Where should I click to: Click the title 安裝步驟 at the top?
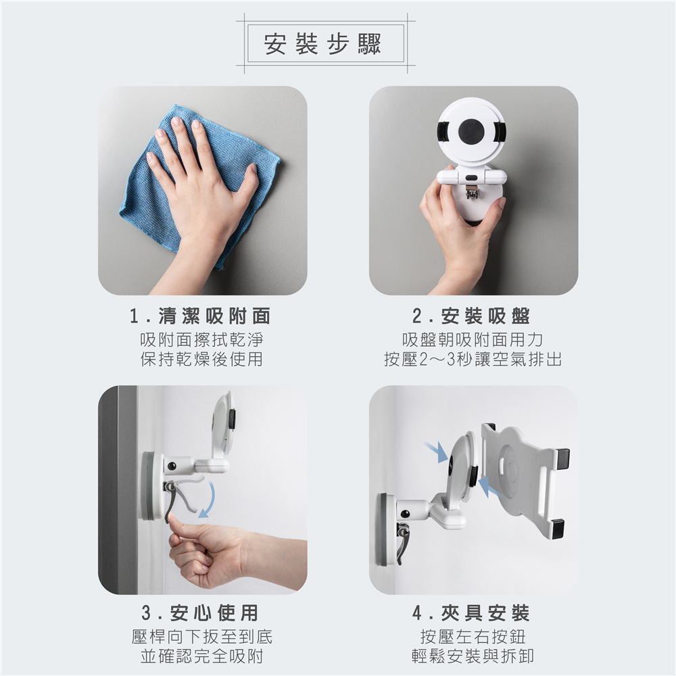323,44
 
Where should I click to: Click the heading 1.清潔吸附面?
201,316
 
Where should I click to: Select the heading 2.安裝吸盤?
471,316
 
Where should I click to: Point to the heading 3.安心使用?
201,612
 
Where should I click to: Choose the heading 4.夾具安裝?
471,612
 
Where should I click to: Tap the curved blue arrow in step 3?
208,498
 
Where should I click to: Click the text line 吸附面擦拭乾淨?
201,340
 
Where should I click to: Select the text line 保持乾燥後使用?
201,359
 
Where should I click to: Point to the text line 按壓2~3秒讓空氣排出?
473,359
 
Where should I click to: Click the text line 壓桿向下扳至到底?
201,636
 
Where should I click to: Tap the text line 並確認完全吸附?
201,656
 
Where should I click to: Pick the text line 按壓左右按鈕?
473,636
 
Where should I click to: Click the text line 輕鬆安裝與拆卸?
473,656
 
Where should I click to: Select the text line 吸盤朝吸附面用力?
473,340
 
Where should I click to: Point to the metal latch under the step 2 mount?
472,192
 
